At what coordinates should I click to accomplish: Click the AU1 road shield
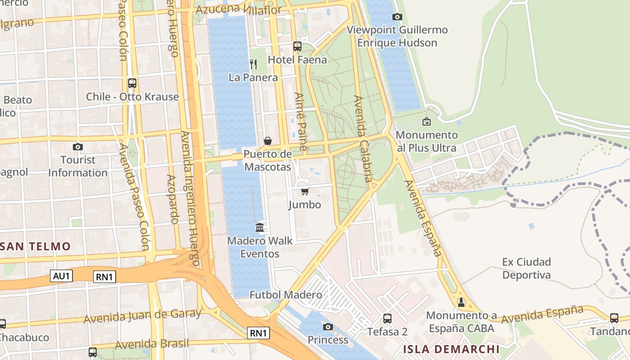point(61,276)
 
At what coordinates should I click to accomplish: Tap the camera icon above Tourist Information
point(78,147)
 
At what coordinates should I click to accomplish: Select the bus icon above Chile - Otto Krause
point(132,83)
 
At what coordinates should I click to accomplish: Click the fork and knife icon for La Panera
point(253,64)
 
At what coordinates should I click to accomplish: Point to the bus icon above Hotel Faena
point(297,46)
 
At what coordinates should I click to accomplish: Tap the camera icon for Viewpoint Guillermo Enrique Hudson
point(397,17)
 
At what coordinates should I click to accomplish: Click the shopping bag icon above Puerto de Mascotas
point(267,141)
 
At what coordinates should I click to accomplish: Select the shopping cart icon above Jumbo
point(305,192)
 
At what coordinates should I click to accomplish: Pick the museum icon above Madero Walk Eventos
point(260,227)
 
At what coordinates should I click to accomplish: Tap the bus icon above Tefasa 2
point(387,319)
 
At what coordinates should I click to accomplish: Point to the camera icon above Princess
point(328,327)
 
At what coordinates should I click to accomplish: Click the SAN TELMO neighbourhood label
point(36,246)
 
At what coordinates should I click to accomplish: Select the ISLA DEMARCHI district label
point(451,349)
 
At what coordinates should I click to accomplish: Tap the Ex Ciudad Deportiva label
point(526,268)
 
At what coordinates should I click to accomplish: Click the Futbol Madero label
point(286,295)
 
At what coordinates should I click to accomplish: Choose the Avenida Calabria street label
point(364,139)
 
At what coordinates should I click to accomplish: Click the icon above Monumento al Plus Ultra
point(426,121)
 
